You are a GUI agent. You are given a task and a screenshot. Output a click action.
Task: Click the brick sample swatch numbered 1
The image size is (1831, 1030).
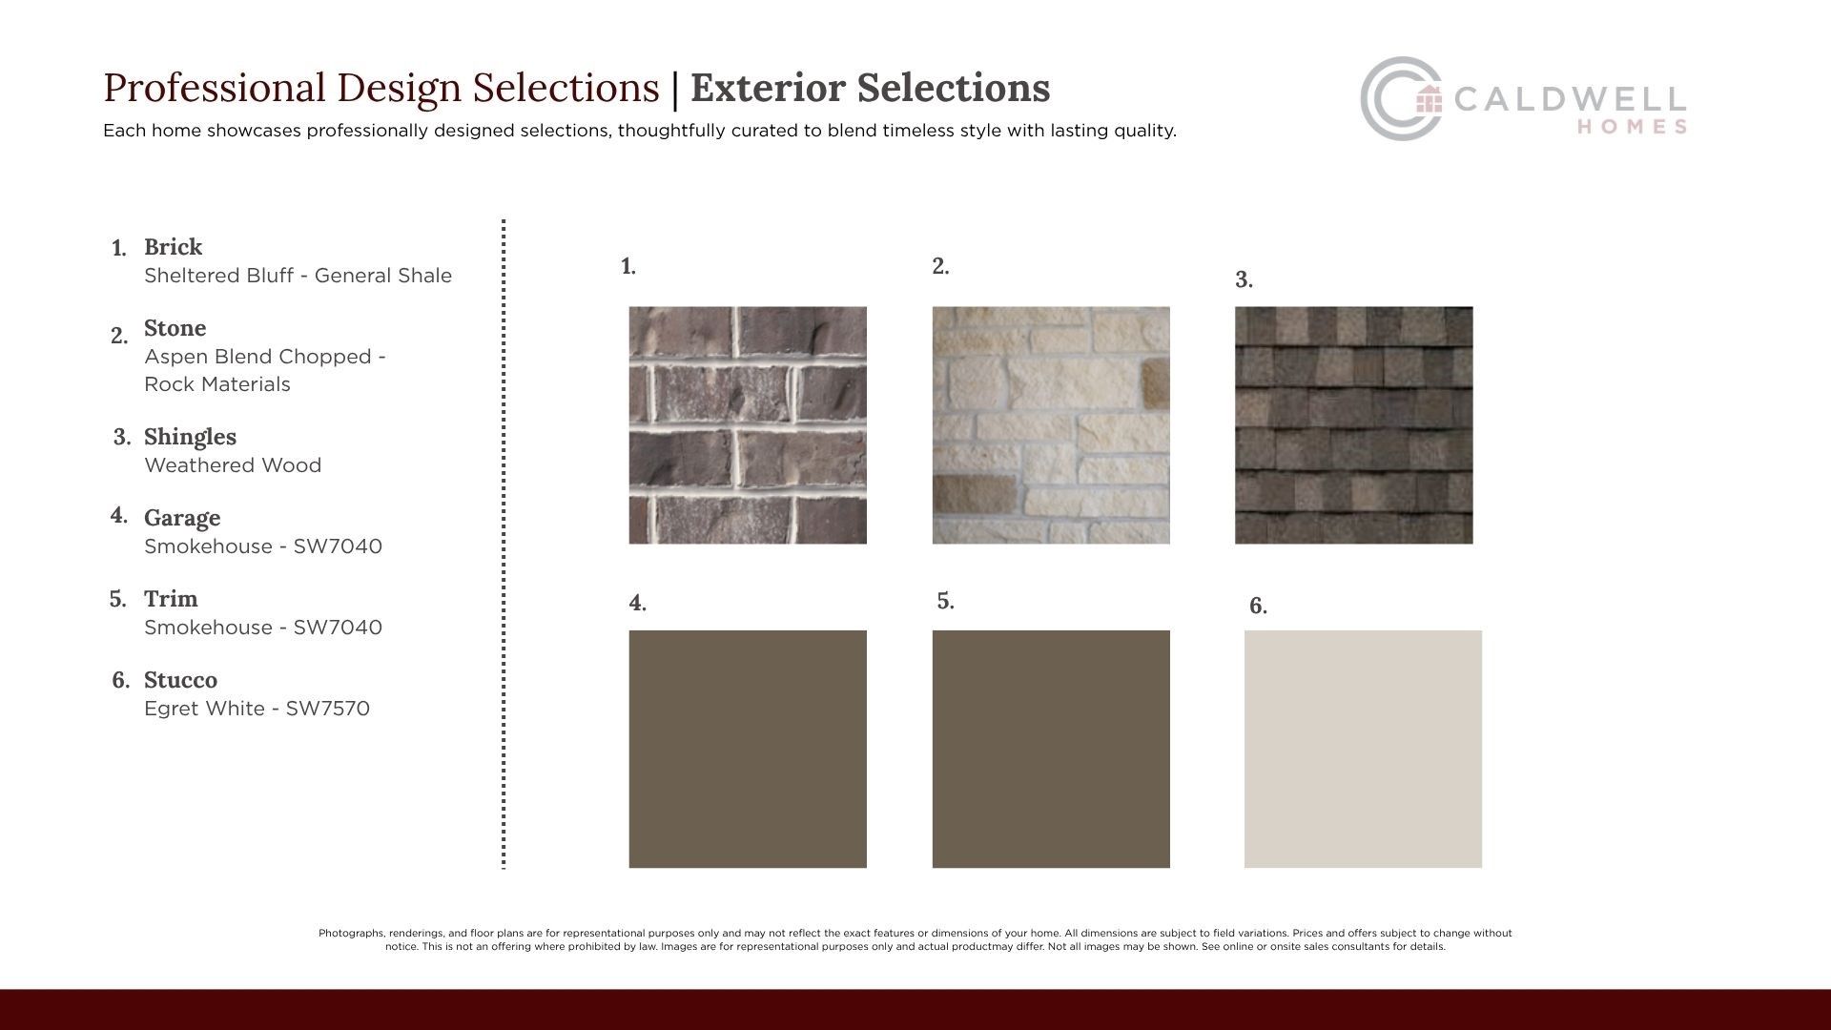click(x=748, y=425)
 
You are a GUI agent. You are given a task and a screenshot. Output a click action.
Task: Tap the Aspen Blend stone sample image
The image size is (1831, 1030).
click(x=1051, y=425)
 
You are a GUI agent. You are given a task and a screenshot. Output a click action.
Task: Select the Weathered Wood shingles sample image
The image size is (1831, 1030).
click(x=1353, y=425)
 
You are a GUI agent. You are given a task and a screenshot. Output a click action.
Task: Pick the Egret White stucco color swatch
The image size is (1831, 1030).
click(x=1363, y=749)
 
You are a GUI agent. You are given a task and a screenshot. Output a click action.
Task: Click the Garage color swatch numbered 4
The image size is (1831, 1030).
click(x=748, y=749)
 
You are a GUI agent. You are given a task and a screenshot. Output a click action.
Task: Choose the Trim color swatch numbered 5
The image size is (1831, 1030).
click(x=1051, y=749)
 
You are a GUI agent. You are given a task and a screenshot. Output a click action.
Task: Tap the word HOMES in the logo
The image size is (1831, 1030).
click(x=1632, y=127)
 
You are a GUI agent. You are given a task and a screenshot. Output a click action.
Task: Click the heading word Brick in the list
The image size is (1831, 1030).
click(x=173, y=247)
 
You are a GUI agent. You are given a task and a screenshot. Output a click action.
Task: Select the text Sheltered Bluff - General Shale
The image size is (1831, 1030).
click(x=298, y=276)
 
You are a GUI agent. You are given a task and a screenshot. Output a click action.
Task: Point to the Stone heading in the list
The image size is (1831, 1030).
click(x=175, y=328)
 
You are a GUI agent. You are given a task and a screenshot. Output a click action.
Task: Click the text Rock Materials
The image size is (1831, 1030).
click(x=217, y=384)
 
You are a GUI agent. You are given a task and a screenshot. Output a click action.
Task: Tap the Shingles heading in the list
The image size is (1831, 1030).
click(x=190, y=438)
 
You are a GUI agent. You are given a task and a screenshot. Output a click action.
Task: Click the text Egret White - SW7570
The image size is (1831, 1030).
click(x=257, y=709)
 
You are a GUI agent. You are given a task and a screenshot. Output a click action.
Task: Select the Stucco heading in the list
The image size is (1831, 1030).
click(x=180, y=680)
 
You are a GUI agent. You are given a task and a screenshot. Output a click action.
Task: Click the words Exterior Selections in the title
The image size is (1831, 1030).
click(x=870, y=88)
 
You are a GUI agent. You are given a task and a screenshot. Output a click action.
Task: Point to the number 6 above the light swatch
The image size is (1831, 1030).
click(x=1258, y=606)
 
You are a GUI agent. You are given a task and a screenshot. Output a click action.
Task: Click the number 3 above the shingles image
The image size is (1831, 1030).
click(x=1244, y=279)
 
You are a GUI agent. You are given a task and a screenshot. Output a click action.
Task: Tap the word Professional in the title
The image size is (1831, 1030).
click(x=215, y=88)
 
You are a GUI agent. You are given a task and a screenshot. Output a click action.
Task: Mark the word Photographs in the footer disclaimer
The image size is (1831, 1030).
click(x=351, y=934)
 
